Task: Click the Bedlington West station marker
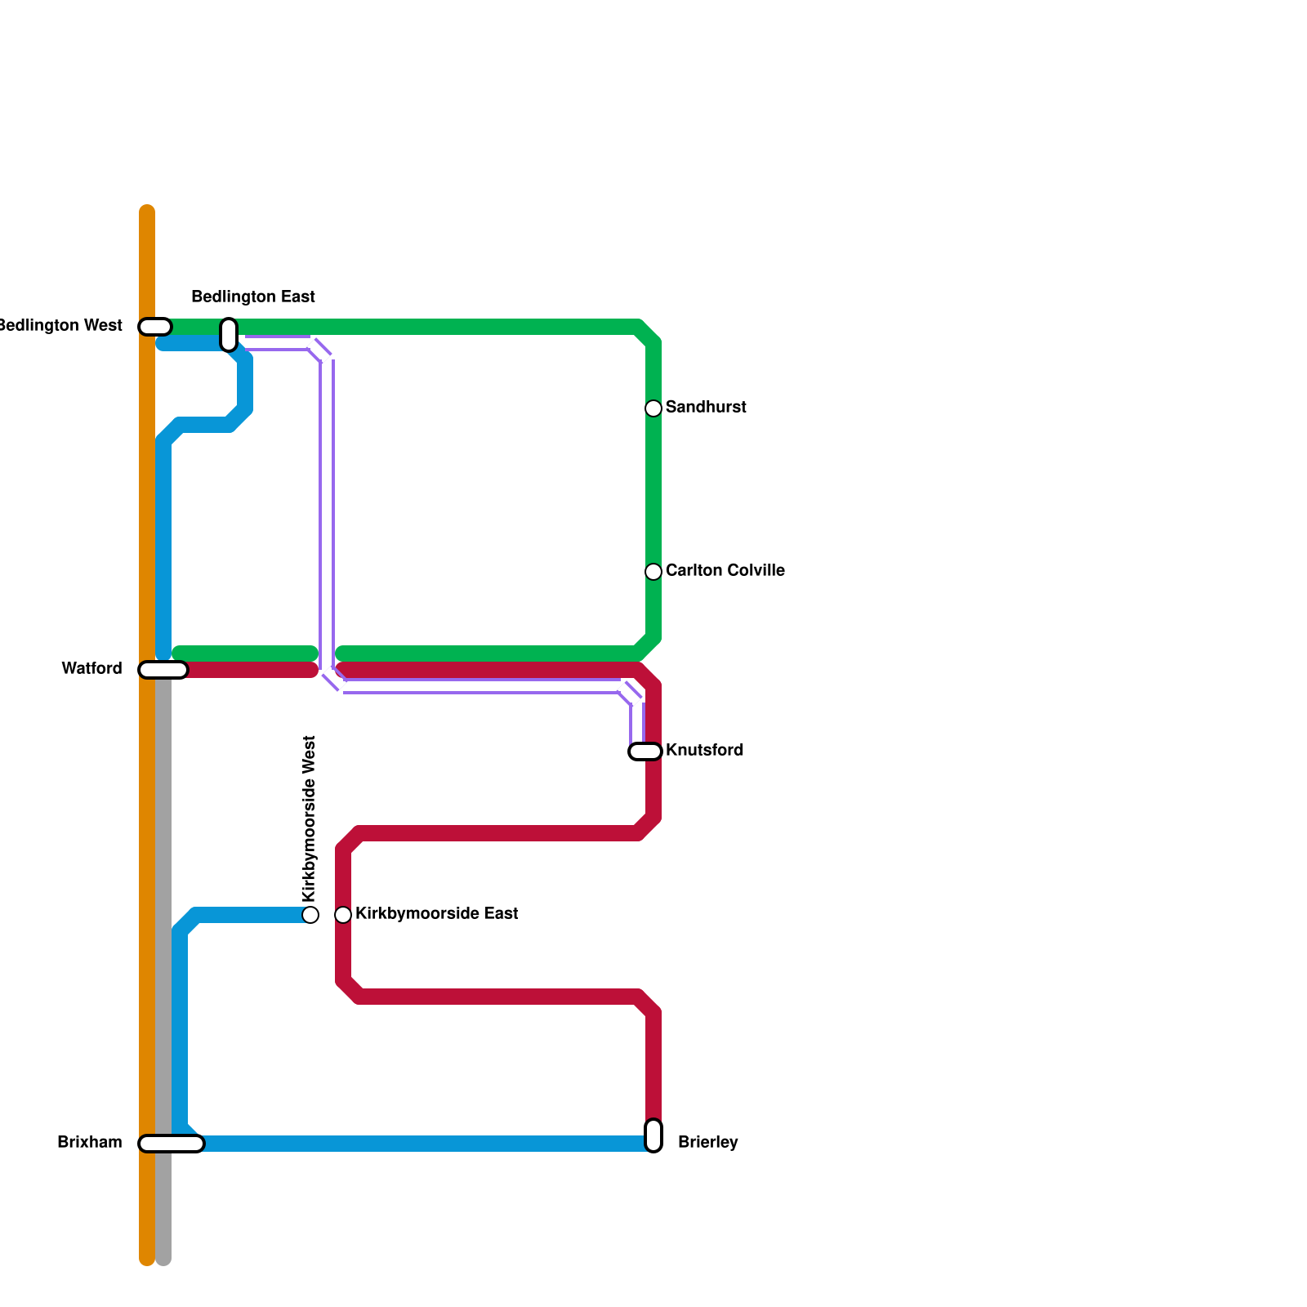[x=155, y=327]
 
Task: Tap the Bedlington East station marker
[x=229, y=335]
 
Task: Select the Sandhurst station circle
[x=653, y=408]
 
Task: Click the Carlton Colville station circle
[x=653, y=572]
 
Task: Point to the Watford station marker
[x=163, y=670]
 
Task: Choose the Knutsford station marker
[x=645, y=752]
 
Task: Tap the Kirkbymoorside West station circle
[x=310, y=915]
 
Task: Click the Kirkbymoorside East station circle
[x=343, y=915]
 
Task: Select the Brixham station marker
[x=172, y=1144]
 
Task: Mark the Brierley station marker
[x=653, y=1135]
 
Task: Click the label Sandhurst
[x=706, y=408]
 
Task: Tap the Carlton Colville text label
[x=725, y=571]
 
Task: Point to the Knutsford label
[x=704, y=751]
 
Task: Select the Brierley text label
[x=708, y=1143]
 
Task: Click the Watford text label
[x=92, y=669]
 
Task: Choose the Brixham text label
[x=90, y=1143]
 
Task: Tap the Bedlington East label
[x=253, y=297]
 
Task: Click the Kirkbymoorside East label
[x=437, y=914]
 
